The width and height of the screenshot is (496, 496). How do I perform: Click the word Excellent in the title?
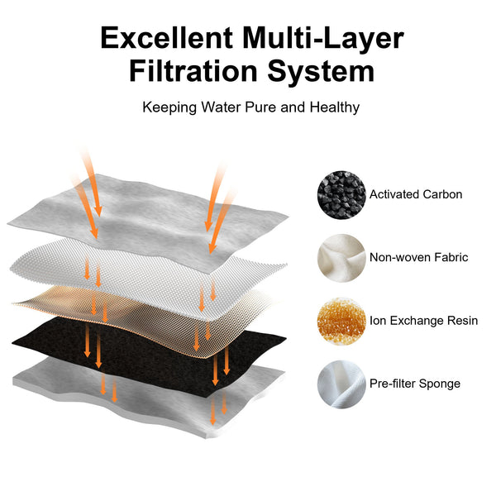[167, 38]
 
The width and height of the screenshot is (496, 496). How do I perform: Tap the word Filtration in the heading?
[193, 71]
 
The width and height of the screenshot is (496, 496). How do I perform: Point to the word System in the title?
[321, 72]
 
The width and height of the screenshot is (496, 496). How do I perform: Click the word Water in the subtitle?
[221, 107]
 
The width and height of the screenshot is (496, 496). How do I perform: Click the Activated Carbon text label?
[416, 194]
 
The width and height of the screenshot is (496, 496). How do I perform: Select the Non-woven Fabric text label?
[419, 257]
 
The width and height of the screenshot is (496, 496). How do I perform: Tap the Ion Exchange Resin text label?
[424, 321]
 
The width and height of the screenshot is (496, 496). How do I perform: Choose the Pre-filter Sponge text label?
[415, 384]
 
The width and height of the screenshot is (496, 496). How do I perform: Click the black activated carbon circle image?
[341, 194]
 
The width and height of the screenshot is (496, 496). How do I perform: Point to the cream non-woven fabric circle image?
[341, 258]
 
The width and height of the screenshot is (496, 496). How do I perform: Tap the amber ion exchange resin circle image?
[341, 321]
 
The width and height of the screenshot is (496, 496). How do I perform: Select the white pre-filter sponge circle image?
[341, 384]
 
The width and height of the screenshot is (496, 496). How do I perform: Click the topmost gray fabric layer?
[148, 222]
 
